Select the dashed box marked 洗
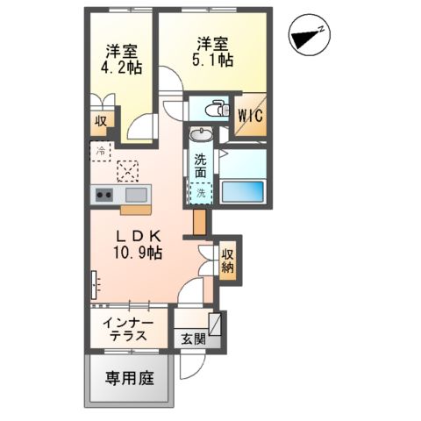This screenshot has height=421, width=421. tap(203, 192)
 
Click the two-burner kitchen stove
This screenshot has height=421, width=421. tap(103, 195)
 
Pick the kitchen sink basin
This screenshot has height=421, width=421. tap(136, 194)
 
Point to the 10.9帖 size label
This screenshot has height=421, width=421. tap(141, 253)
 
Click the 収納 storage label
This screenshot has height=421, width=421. tap(228, 260)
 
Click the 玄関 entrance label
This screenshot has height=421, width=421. tap(191, 339)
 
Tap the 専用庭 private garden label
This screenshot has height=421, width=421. tap(131, 379)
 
